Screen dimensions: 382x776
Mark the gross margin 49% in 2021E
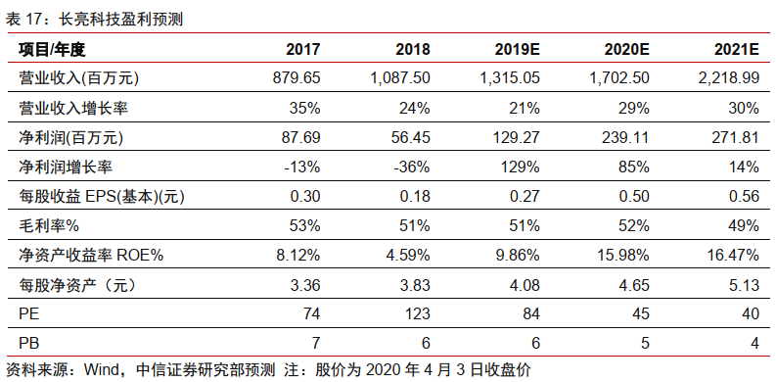pyautogui.click(x=742, y=225)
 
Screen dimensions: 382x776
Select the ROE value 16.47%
pyautogui.click(x=731, y=256)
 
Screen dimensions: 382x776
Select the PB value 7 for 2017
pyautogui.click(x=315, y=344)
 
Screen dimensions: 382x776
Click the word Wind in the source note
pyautogui.click(x=101, y=370)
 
